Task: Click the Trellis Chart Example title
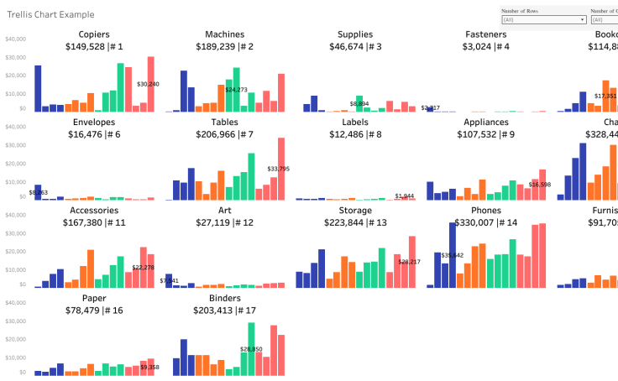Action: click(50, 14)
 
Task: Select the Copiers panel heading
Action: click(94, 34)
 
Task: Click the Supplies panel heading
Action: click(355, 34)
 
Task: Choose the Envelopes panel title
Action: click(94, 123)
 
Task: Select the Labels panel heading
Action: click(355, 123)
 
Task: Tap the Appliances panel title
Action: click(486, 123)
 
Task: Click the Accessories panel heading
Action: click(94, 211)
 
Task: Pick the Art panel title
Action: click(224, 211)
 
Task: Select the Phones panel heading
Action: click(486, 211)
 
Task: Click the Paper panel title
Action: click(94, 298)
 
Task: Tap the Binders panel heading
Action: click(224, 298)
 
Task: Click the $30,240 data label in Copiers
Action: click(148, 84)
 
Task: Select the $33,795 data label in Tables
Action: click(279, 169)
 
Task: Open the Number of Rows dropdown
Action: click(543, 18)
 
